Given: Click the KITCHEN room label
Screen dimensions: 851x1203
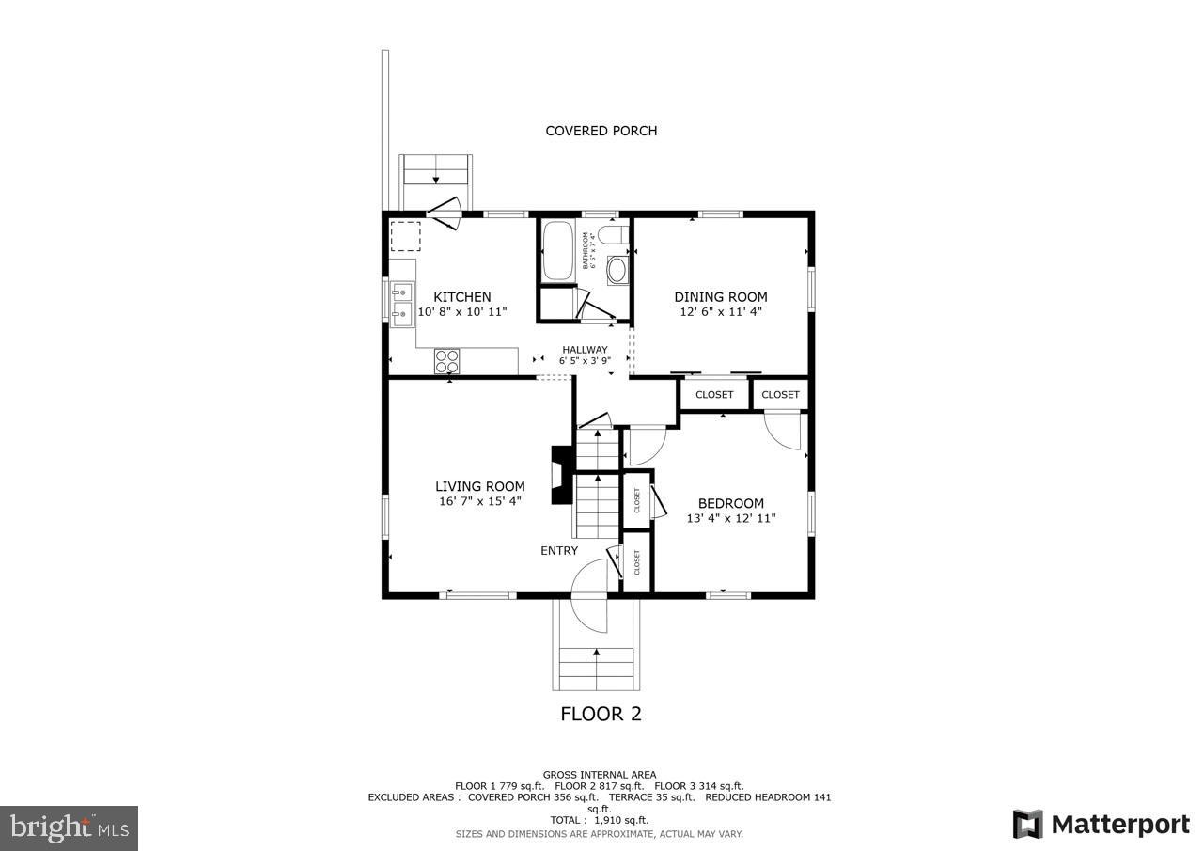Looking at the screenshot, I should tap(461, 297).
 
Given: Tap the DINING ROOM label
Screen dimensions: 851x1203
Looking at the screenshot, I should tap(720, 297).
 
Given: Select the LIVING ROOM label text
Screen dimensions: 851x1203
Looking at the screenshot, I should tap(479, 486).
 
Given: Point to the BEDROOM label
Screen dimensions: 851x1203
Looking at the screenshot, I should tap(730, 503).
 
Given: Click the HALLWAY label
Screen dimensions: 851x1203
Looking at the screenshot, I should tap(585, 350).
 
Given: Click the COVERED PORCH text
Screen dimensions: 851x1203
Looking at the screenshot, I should tap(601, 131).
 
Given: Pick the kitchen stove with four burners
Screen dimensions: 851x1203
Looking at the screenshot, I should tap(447, 360).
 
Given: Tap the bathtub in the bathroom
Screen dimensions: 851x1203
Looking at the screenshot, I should tap(558, 250).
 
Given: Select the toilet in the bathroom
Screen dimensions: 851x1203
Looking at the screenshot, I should tap(614, 234).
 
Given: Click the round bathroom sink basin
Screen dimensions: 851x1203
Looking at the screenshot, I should tap(617, 271).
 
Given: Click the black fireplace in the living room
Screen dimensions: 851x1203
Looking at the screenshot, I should tap(560, 475).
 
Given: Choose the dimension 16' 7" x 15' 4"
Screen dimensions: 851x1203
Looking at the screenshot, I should tap(479, 501).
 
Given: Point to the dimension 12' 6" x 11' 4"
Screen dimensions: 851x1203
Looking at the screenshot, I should tap(720, 311).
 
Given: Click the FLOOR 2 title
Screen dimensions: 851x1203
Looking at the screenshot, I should tap(601, 714).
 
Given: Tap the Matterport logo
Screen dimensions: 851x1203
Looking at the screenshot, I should tap(1101, 825).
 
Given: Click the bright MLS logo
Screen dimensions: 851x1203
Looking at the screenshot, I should tap(69, 827).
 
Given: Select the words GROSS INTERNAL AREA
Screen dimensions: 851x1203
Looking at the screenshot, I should tap(600, 775).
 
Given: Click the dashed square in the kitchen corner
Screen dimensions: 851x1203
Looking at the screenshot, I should tap(406, 236).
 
